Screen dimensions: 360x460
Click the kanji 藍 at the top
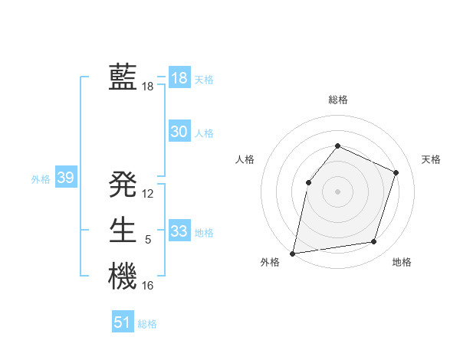click(123, 77)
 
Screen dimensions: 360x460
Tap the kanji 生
click(123, 230)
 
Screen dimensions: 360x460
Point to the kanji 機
click(123, 276)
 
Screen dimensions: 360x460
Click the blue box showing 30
click(179, 132)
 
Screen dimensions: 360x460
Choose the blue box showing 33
click(179, 231)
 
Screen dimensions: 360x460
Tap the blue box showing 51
click(123, 322)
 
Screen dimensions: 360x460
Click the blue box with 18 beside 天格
click(179, 78)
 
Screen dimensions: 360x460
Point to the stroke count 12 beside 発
click(148, 194)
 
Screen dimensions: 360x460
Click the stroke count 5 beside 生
click(148, 240)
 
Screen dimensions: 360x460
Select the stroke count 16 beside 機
click(148, 286)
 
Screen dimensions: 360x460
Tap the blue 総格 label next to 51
click(147, 324)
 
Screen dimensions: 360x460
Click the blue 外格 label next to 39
click(41, 179)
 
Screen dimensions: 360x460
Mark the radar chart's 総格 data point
click(337, 146)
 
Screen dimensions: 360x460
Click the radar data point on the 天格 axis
click(396, 172)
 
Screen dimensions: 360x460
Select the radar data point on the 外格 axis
click(293, 253)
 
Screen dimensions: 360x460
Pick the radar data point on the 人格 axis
click(308, 182)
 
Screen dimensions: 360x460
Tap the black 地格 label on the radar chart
click(402, 263)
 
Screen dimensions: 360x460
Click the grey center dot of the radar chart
click(337, 191)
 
